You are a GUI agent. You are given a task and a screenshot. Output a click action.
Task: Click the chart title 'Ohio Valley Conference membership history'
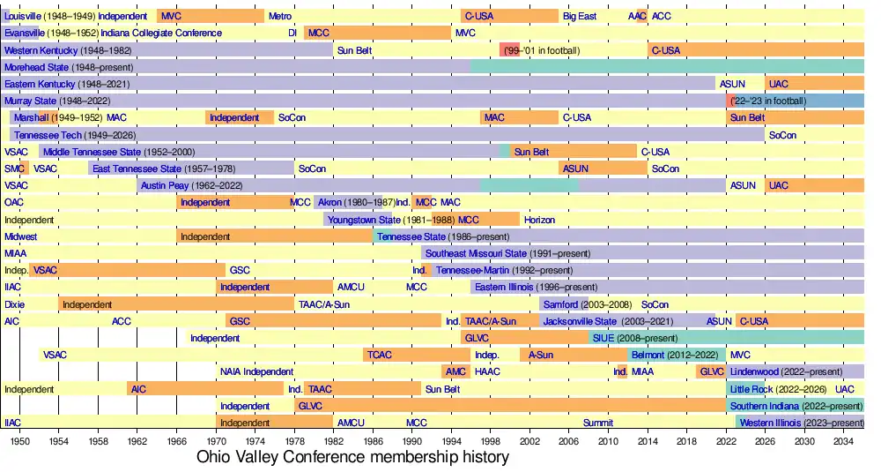[x=352, y=457]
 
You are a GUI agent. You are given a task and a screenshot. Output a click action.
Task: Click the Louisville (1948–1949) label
[x=49, y=16]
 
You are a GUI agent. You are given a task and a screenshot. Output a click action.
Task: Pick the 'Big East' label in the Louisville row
[x=580, y=16]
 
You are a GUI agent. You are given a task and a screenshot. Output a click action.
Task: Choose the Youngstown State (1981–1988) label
[x=390, y=220]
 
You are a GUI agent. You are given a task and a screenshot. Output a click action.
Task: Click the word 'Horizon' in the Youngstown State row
[x=539, y=220]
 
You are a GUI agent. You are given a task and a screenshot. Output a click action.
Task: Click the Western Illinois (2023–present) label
[x=801, y=423]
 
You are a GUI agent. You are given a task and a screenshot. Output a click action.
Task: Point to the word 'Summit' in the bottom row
[x=598, y=423]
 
